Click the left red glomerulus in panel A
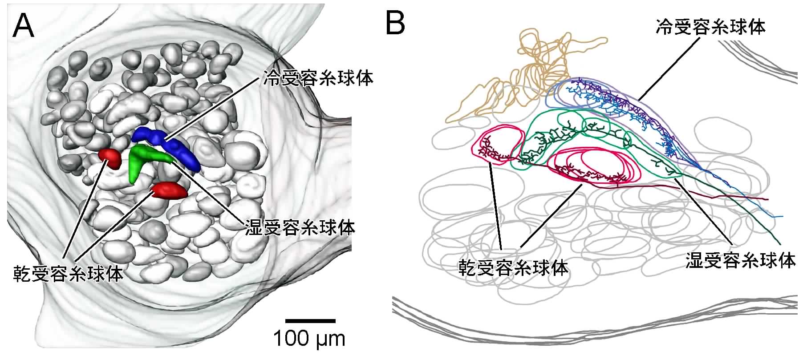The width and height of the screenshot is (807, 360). coord(109,158)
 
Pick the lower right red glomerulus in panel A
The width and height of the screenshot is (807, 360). coord(169,190)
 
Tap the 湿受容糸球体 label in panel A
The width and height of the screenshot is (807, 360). coord(300,228)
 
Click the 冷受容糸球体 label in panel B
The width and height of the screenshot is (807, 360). coord(710,27)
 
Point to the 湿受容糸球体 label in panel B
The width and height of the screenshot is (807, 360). coord(739,260)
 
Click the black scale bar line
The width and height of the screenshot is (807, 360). coord(310,320)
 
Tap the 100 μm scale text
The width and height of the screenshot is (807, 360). coord(309,339)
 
